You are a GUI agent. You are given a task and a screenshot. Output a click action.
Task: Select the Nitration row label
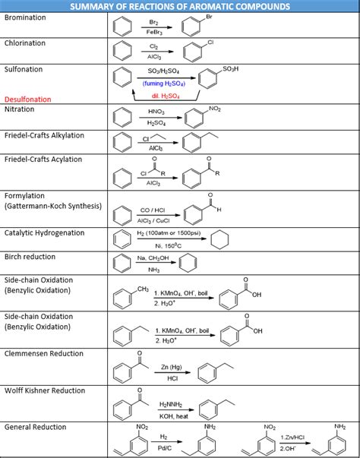(x=20, y=109)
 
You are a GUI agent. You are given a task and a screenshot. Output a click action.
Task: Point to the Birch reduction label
(x=30, y=257)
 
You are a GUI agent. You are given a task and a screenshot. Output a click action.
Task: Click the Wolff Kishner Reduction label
(x=45, y=390)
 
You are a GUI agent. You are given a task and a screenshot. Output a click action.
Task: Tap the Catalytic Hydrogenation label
(x=45, y=232)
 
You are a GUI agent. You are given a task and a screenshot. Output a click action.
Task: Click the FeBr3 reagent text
(x=153, y=33)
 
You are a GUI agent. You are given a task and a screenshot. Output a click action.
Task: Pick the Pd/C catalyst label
(x=164, y=448)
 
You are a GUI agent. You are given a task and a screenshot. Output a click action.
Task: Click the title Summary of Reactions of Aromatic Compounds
(x=180, y=6)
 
